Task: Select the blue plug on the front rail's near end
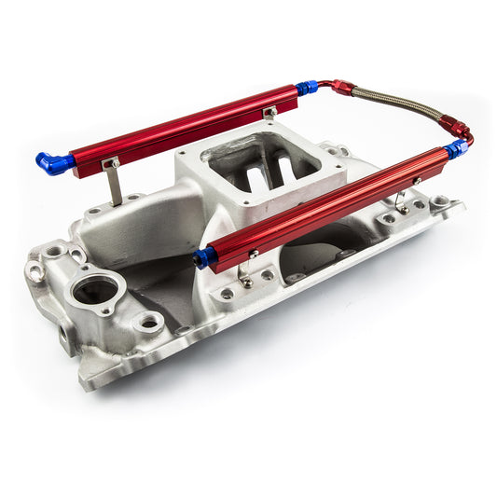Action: (x=204, y=257)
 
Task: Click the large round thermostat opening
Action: (x=96, y=290)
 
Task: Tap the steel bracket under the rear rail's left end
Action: (x=111, y=183)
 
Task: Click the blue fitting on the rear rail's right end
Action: (x=307, y=89)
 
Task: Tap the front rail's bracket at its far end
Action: (x=400, y=201)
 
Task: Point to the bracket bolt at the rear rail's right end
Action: (x=269, y=113)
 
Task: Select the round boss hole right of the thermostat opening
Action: (x=148, y=323)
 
